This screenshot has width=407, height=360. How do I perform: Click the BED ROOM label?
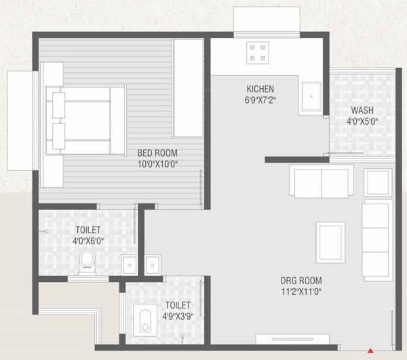pos(157,153)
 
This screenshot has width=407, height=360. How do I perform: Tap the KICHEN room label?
pos(260,89)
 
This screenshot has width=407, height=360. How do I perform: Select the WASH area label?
pos(362,111)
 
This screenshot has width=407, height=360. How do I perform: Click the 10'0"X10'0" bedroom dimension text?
pos(157,163)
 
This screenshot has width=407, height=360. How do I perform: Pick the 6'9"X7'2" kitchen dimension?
pos(260,100)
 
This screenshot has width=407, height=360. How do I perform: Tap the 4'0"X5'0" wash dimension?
pos(362,122)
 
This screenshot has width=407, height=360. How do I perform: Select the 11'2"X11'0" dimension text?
pos(301,292)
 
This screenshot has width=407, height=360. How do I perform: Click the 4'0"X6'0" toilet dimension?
pos(87,239)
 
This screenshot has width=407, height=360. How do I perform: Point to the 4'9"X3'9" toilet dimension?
pos(177,315)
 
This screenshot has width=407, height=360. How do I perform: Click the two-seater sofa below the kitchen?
pos(321,180)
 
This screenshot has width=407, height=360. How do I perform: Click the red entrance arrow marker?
pos(370,351)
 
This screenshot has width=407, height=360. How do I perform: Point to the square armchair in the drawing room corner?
pos(378,181)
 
